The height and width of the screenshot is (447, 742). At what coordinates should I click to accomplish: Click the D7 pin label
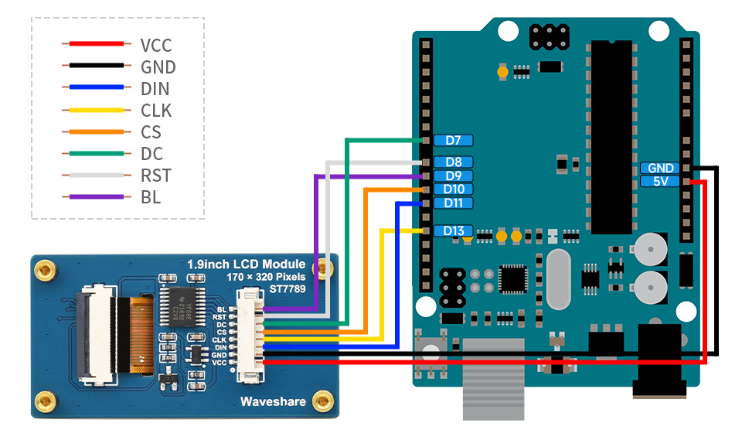453,141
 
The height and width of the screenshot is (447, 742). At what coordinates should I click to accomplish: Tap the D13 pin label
453,230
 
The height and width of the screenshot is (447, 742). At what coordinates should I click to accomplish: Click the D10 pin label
453,189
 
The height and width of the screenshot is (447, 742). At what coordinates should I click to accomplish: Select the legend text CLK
156,111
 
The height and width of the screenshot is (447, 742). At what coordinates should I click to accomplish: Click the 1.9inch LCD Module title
246,264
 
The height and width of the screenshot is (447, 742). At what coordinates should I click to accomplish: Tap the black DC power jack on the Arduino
658,360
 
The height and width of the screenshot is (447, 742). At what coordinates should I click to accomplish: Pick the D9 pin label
453,176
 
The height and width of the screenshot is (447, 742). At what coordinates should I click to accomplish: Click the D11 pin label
453,203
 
